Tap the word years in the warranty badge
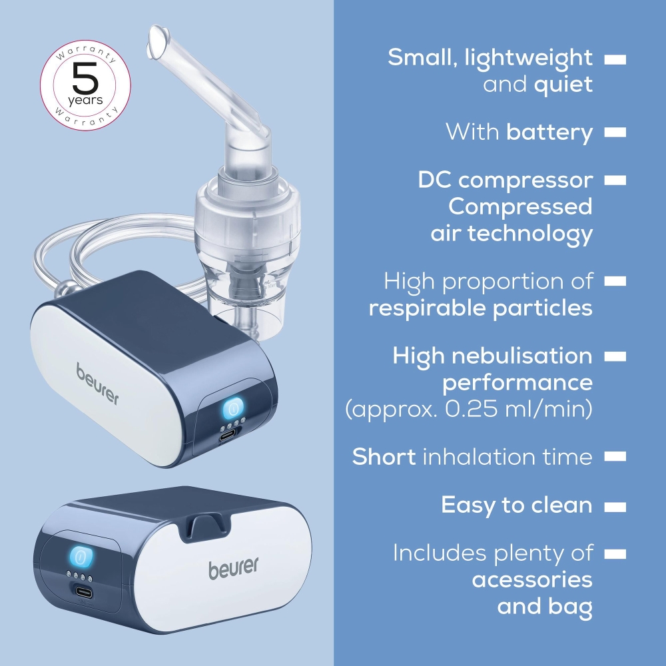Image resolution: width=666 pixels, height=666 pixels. coord(85,101)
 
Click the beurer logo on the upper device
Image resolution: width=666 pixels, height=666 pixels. coord(97,384)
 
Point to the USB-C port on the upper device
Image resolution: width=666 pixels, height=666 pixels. coord(228,436)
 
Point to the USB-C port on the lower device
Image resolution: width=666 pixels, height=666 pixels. coord(83,591)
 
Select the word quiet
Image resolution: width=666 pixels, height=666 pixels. coord(563,85)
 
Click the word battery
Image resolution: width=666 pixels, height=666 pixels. coord(549,133)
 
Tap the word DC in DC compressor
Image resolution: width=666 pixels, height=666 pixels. coord(434,180)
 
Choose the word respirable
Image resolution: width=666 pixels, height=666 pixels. coord(428,308)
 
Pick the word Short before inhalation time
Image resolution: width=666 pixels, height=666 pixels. coord(384,457)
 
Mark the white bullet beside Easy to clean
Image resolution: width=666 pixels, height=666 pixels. coord(615,507)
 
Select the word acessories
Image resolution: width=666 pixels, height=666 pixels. coord(531,580)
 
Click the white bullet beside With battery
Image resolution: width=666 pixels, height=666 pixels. coord(615,133)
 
